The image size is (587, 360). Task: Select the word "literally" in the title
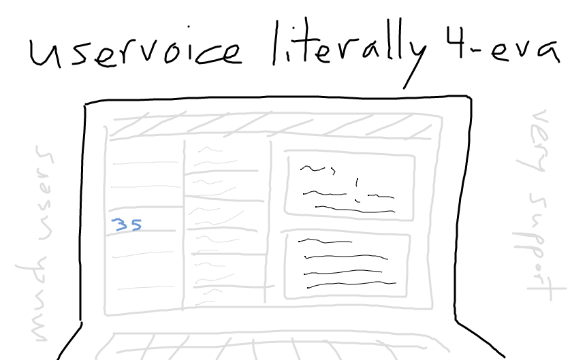click(x=349, y=52)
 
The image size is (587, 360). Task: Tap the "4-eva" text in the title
click(x=503, y=46)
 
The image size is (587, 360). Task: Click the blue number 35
click(x=127, y=225)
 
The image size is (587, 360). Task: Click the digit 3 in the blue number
click(x=120, y=225)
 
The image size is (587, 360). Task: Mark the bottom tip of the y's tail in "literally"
click(x=404, y=89)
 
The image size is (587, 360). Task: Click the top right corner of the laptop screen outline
click(x=470, y=97)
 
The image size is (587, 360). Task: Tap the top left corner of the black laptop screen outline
click(x=85, y=103)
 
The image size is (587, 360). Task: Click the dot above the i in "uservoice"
click(x=189, y=27)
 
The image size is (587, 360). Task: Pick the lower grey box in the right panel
click(x=347, y=265)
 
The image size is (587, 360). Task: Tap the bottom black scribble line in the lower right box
click(x=351, y=284)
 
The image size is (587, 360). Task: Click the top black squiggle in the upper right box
click(x=318, y=169)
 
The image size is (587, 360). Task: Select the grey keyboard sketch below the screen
click(x=272, y=345)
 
